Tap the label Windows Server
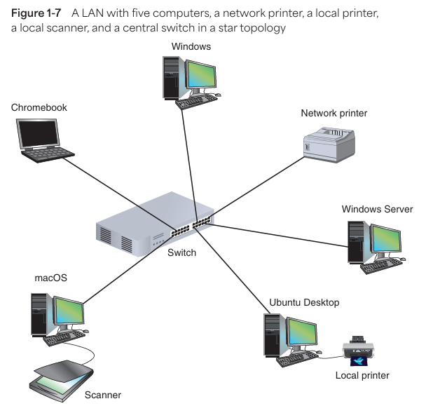[377, 209]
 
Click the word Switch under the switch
[181, 252]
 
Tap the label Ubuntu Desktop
[304, 302]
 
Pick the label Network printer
[334, 113]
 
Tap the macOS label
[50, 278]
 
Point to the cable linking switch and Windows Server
[280, 235]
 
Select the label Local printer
[362, 376]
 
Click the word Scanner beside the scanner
[102, 395]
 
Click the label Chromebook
[39, 107]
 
